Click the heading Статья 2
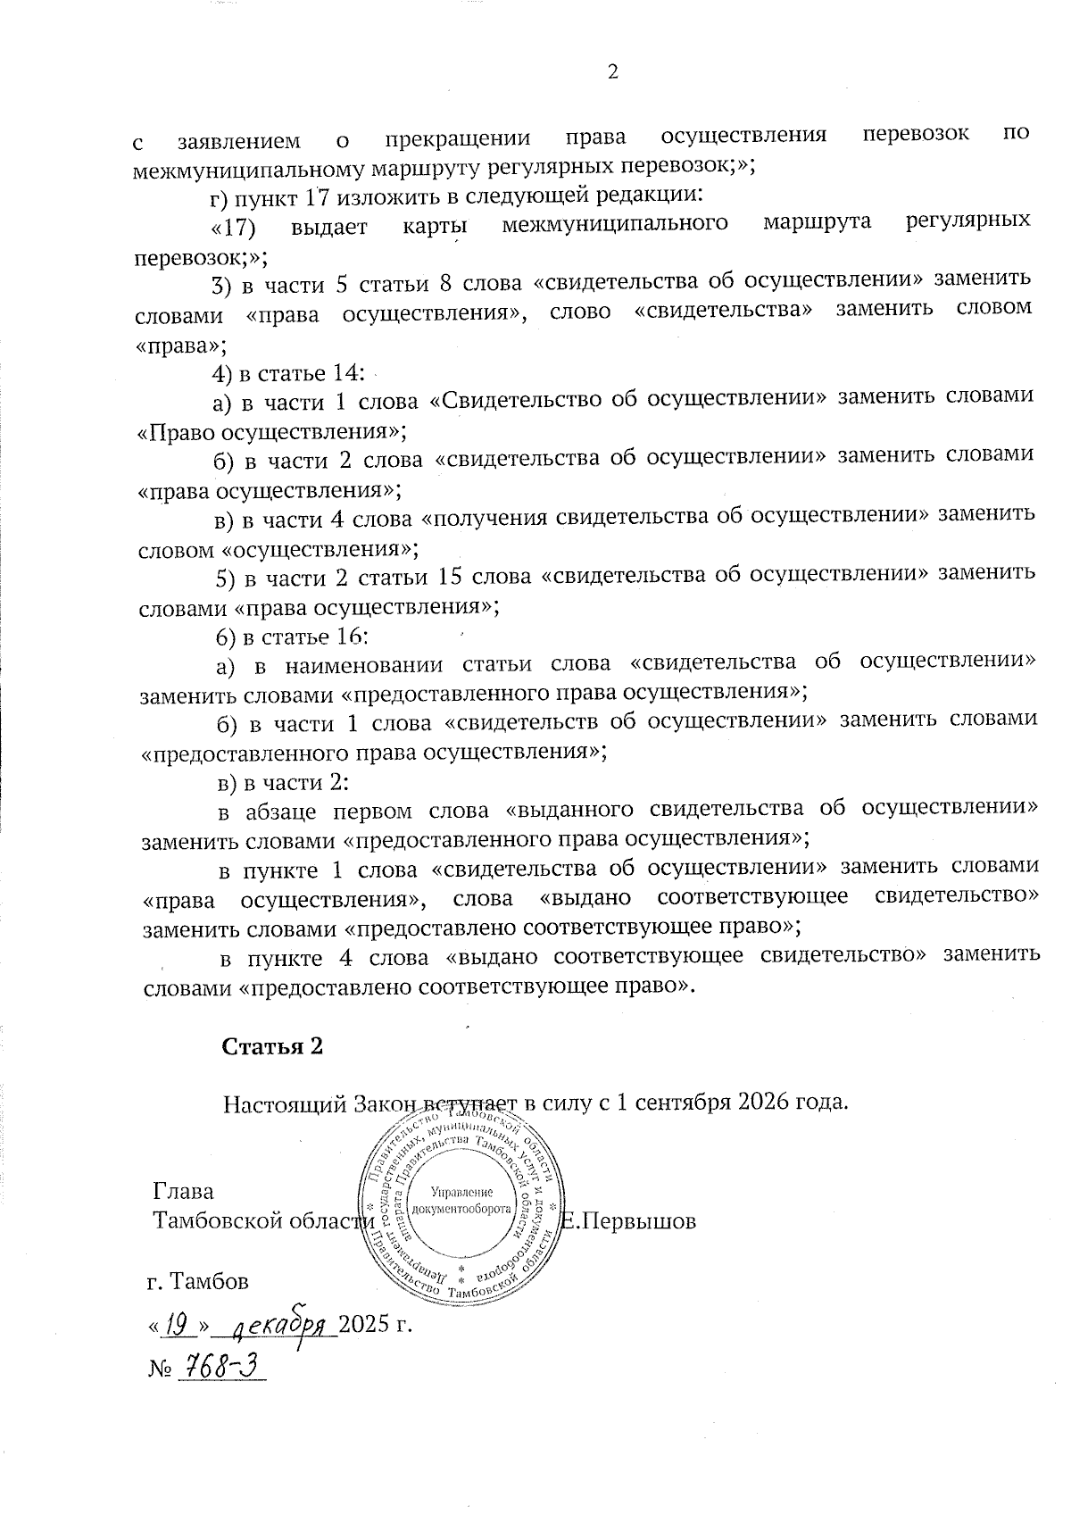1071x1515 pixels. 271,1046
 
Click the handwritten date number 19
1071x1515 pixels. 181,1326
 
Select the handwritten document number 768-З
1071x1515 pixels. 222,1365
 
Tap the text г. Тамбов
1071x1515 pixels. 197,1281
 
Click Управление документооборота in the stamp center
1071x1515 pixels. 461,1201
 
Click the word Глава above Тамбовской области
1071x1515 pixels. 183,1191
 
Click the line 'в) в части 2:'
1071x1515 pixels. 283,782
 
